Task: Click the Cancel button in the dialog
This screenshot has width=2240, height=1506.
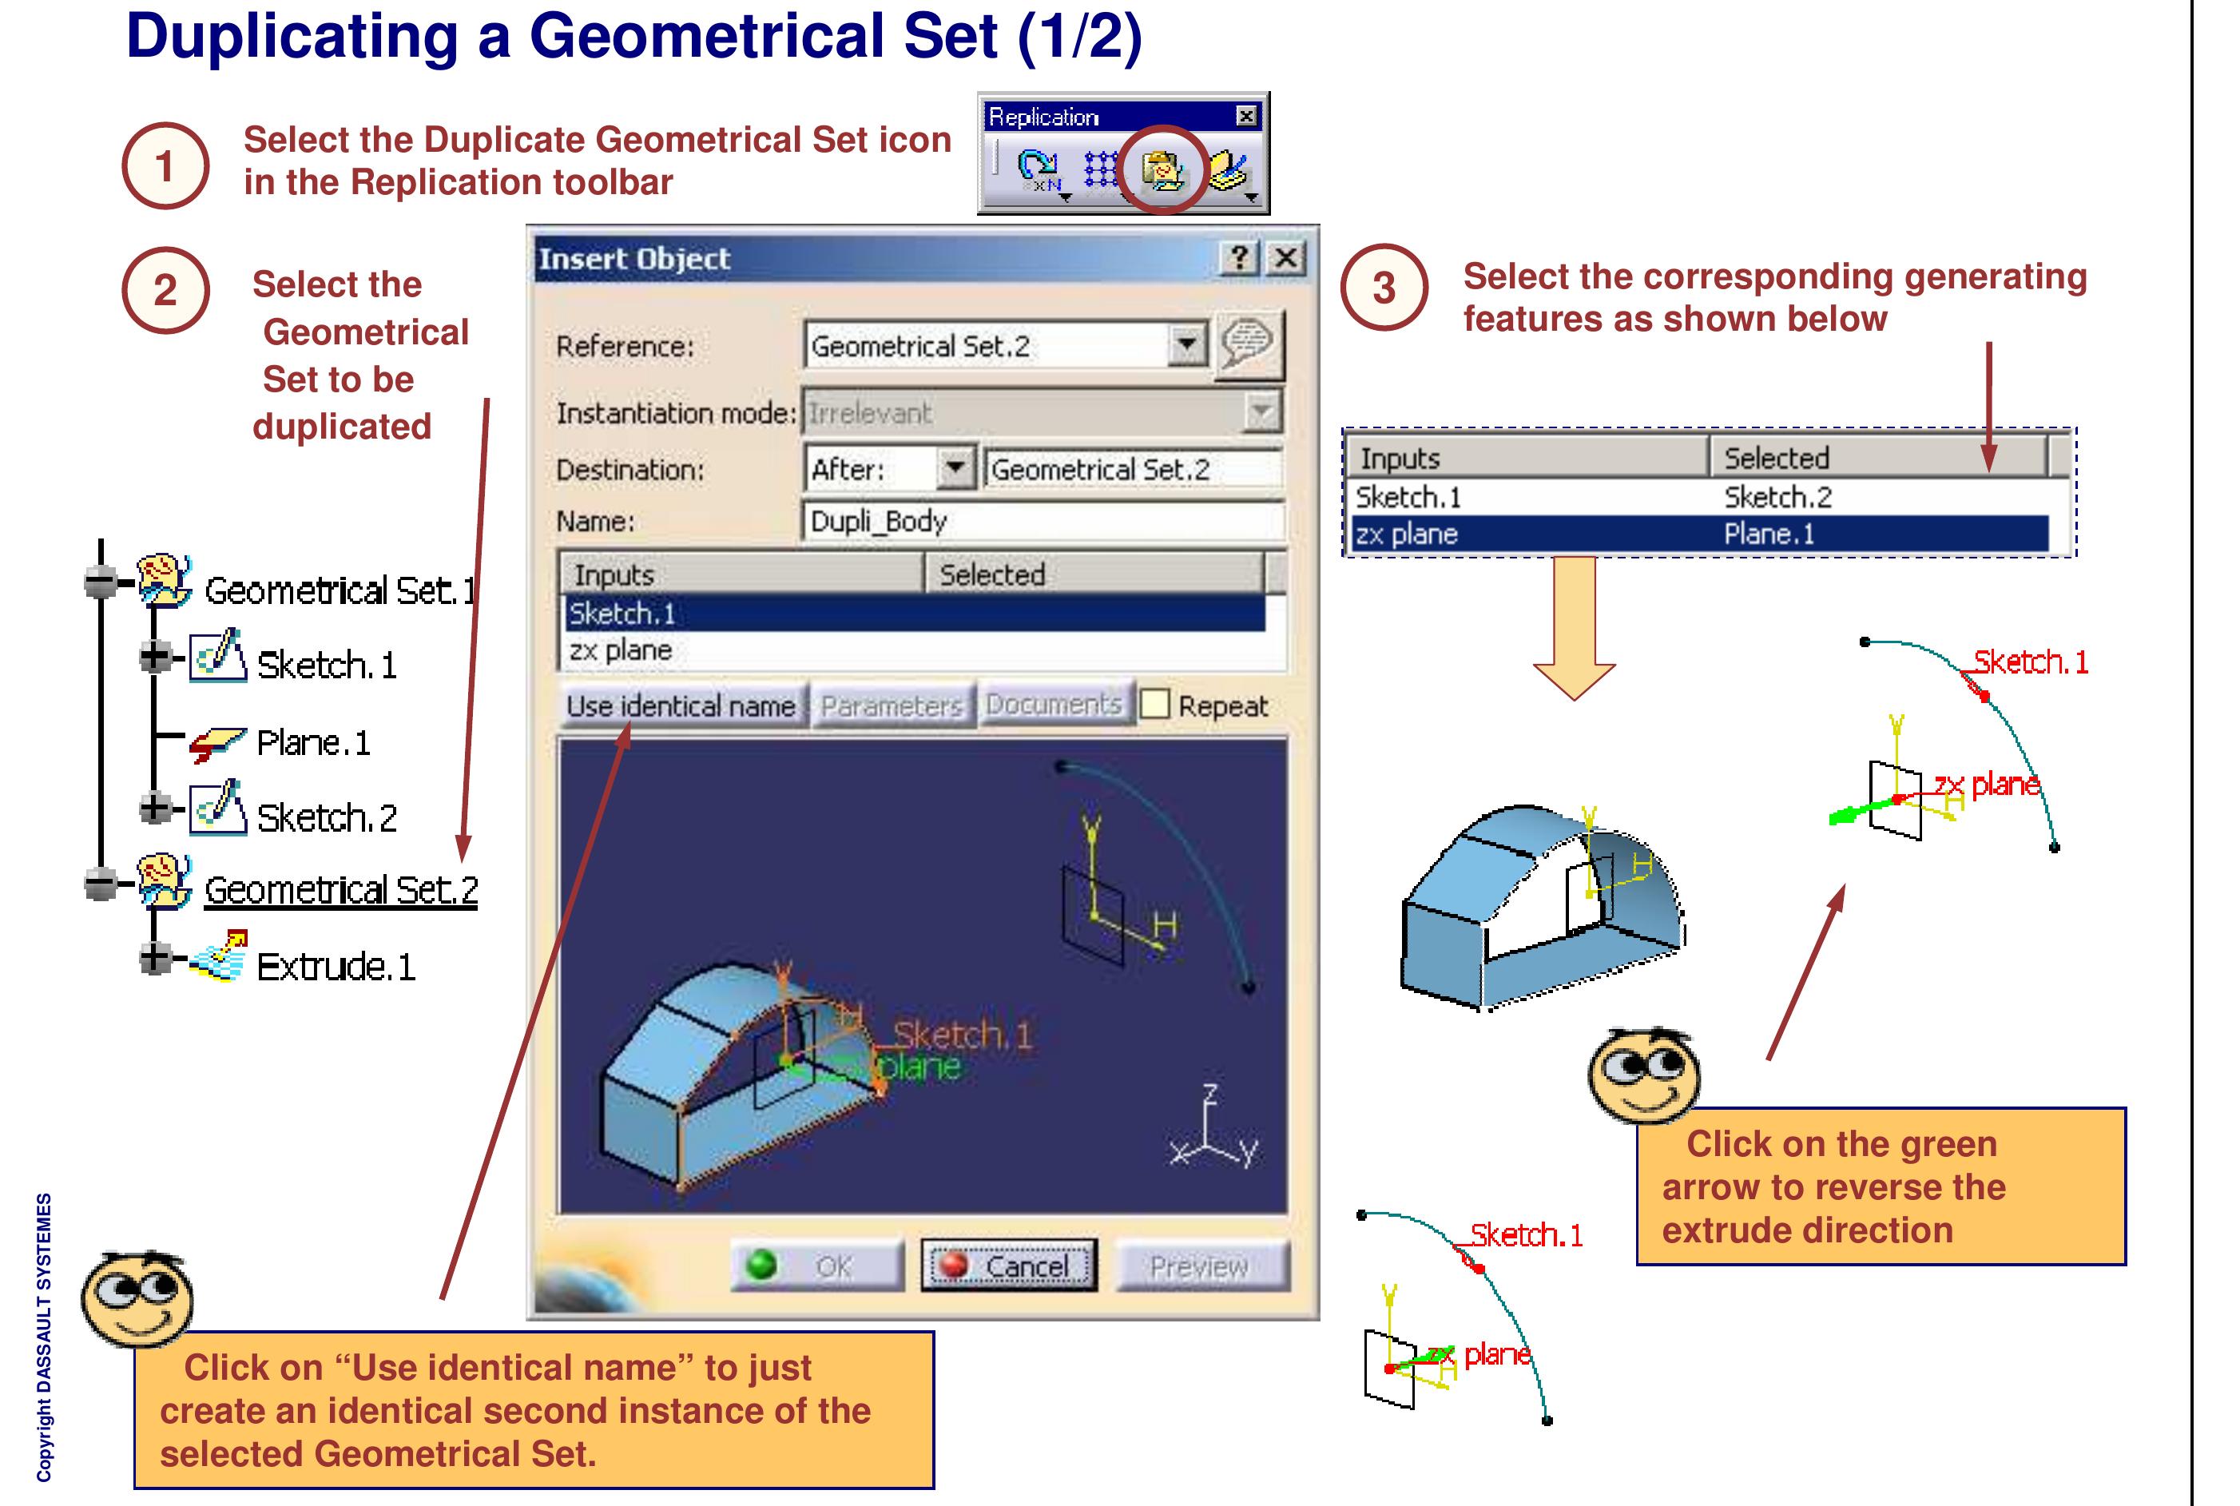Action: click(1008, 1265)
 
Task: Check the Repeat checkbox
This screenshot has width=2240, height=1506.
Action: click(1155, 705)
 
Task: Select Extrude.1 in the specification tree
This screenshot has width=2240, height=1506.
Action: click(335, 966)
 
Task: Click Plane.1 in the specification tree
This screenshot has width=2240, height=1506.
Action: click(312, 742)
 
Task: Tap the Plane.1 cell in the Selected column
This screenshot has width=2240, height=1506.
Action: click(1769, 534)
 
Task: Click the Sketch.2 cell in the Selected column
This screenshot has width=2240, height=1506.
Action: click(1777, 498)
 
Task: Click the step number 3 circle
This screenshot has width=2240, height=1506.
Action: click(1384, 288)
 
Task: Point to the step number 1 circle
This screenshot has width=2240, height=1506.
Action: click(165, 165)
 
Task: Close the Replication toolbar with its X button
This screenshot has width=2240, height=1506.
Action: click(1245, 116)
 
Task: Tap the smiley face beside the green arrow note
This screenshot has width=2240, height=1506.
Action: click(1642, 1074)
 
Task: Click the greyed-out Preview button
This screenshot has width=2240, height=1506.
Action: click(1199, 1266)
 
